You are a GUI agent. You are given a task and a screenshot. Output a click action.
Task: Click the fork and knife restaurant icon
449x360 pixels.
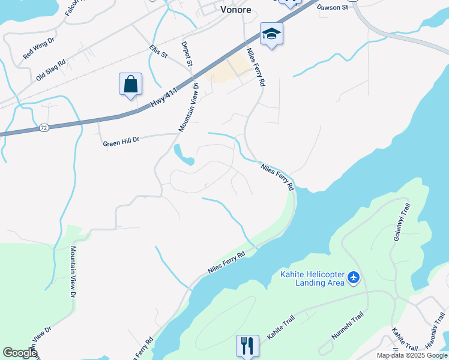[247, 345]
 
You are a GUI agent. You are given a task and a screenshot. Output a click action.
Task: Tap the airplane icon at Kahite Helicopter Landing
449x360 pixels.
[354, 278]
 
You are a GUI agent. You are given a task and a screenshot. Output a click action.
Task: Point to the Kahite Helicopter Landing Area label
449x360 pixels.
[312, 278]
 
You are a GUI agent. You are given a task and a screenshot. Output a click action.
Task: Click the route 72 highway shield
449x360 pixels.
[43, 128]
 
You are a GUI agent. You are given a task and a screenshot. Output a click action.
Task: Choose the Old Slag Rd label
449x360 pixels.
[50, 70]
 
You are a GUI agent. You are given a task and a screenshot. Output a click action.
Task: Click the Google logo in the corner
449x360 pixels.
[19, 353]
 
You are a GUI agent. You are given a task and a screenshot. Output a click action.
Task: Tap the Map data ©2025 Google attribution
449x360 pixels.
[412, 355]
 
